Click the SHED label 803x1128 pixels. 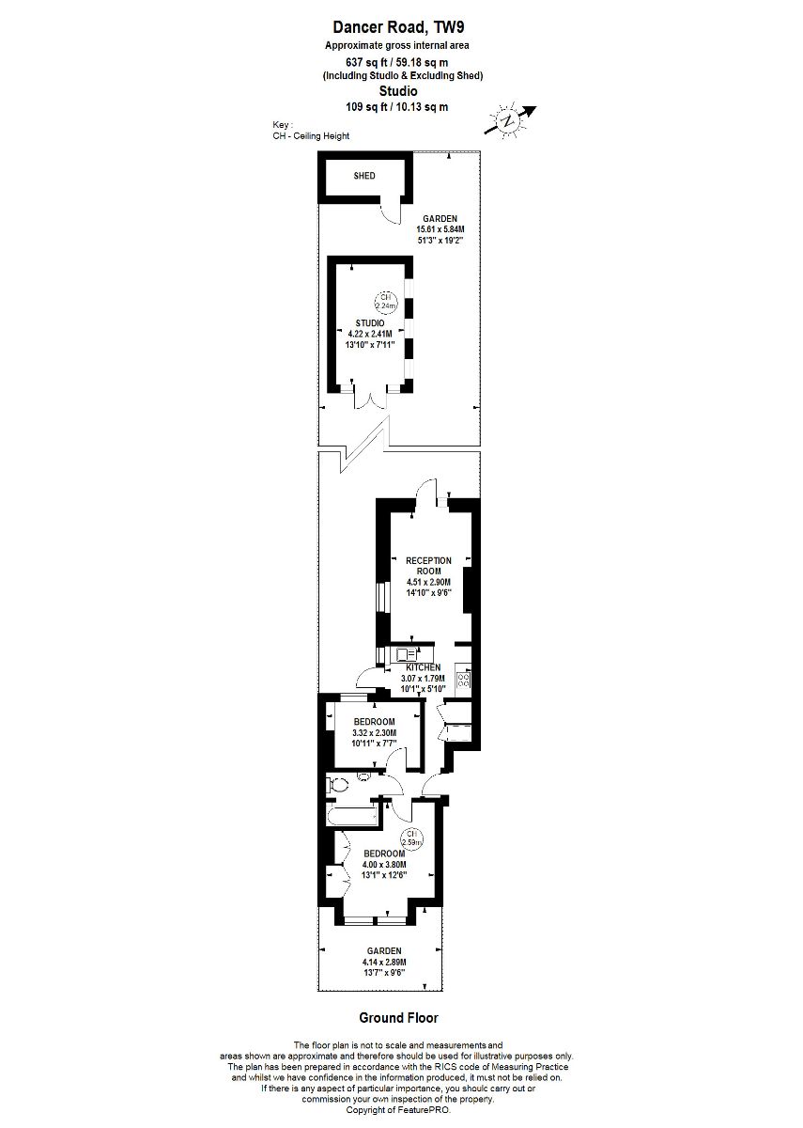coord(364,176)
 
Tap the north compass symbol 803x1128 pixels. coord(510,121)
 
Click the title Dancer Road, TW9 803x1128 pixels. coord(398,26)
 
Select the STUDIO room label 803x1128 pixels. coord(370,322)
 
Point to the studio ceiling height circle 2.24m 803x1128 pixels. coord(385,302)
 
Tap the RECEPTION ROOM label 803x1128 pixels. coord(428,566)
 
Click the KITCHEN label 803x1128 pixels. coord(424,667)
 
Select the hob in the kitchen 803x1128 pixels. coord(463,681)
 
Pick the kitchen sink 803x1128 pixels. coord(407,654)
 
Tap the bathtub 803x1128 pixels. coord(352,815)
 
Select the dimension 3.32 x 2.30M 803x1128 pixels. coord(375,732)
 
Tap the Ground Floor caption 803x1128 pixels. coord(398,1018)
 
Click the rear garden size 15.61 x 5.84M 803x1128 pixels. coord(440,229)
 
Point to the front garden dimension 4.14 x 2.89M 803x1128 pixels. coord(384,962)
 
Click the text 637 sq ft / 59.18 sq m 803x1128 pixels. coord(396,62)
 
